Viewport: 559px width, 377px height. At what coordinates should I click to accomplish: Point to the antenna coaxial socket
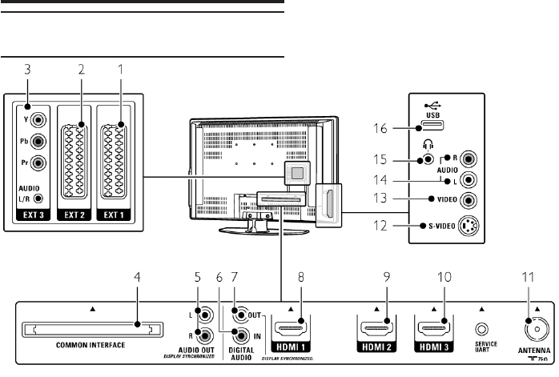click(531, 327)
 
